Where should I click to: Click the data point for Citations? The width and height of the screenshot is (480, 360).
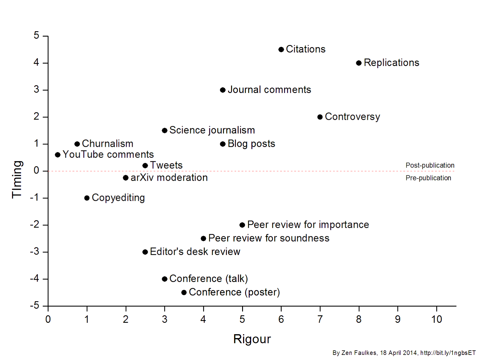pyautogui.click(x=281, y=50)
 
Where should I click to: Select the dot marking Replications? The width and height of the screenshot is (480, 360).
pyautogui.click(x=359, y=63)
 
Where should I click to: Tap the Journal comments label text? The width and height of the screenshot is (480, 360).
pyautogui.click(x=269, y=90)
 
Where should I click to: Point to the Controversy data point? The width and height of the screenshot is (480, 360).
pyautogui.click(x=320, y=117)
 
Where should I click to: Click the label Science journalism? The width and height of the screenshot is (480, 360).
pyautogui.click(x=212, y=130)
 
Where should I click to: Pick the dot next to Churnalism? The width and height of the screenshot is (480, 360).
pyautogui.click(x=77, y=144)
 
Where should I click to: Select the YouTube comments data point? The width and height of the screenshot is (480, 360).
pyautogui.click(x=58, y=155)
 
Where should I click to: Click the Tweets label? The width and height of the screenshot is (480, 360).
pyautogui.click(x=166, y=165)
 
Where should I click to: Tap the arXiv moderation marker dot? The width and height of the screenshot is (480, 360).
pyautogui.click(x=126, y=178)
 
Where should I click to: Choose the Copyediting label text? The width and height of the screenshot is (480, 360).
pyautogui.click(x=118, y=198)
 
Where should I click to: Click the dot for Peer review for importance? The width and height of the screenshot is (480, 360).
pyautogui.click(x=242, y=225)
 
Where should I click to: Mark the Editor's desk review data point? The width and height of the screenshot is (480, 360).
pyautogui.click(x=145, y=252)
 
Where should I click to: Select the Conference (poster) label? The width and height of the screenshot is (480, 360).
pyautogui.click(x=234, y=292)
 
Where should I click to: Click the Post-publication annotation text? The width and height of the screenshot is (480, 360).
pyautogui.click(x=430, y=165)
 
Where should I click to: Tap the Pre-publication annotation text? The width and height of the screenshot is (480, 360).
pyautogui.click(x=428, y=178)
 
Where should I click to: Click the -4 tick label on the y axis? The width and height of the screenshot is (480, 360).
pyautogui.click(x=35, y=279)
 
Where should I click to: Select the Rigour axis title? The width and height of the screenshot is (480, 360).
pyautogui.click(x=252, y=339)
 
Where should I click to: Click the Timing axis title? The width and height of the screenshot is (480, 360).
pyautogui.click(x=17, y=179)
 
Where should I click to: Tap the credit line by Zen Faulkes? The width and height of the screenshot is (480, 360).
pyautogui.click(x=404, y=353)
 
